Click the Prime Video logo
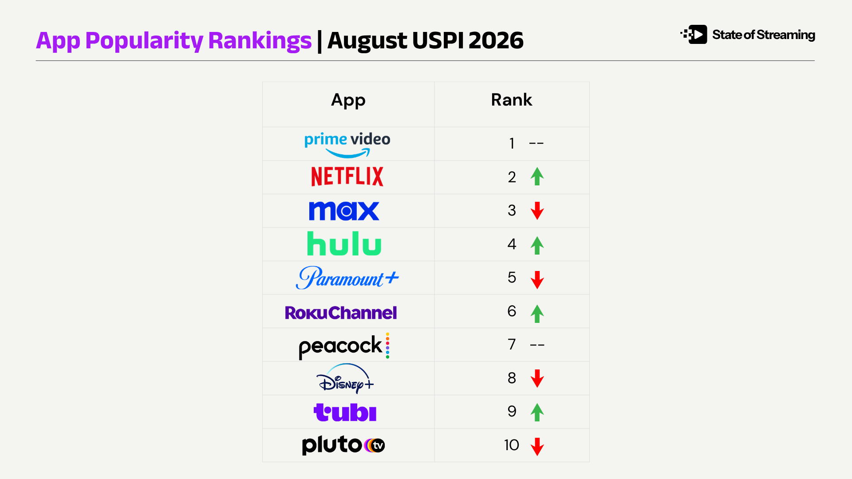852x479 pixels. (x=347, y=145)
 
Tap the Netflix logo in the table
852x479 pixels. (x=347, y=177)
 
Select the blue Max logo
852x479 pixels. (x=344, y=211)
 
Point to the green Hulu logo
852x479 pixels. (x=344, y=243)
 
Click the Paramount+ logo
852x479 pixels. (x=347, y=278)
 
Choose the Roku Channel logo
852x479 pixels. (x=341, y=313)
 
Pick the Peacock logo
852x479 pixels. (x=344, y=346)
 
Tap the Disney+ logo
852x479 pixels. (x=345, y=378)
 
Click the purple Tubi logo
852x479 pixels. (x=345, y=412)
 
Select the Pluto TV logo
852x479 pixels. (x=343, y=445)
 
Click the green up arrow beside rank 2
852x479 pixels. (x=537, y=177)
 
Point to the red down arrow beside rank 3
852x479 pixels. (x=537, y=211)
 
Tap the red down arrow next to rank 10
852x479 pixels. (x=537, y=447)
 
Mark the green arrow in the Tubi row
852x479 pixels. (x=537, y=412)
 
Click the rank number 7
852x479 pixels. (x=512, y=344)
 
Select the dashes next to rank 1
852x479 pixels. (x=536, y=144)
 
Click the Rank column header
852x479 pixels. (x=511, y=100)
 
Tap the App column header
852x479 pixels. (x=348, y=101)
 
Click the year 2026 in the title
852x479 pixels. (x=496, y=40)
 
